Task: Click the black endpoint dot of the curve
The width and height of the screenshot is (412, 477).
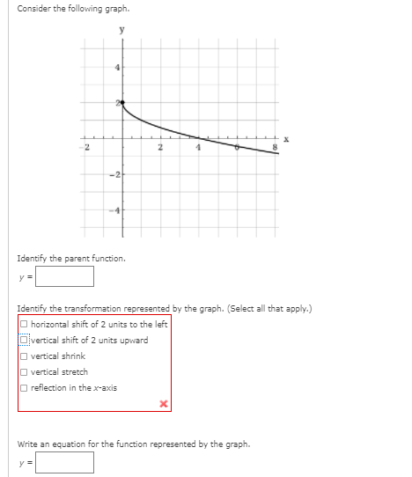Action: click(x=122, y=103)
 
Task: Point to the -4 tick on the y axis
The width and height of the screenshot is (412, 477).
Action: click(x=114, y=210)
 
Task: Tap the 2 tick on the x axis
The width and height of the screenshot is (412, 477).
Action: click(x=160, y=148)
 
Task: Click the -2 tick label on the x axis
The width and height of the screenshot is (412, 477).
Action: click(x=86, y=148)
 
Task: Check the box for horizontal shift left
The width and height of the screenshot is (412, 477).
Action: click(x=24, y=325)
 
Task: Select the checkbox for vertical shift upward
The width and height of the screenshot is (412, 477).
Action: click(x=24, y=341)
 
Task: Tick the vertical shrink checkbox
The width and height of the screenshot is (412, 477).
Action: click(x=24, y=356)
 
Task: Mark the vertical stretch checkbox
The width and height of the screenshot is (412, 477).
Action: click(x=24, y=372)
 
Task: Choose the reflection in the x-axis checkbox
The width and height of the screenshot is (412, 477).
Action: click(x=24, y=388)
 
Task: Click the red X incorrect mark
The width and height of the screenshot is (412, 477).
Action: click(x=162, y=404)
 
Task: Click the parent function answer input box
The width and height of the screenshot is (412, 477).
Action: click(x=64, y=276)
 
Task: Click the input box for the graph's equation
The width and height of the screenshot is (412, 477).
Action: click(x=64, y=462)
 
